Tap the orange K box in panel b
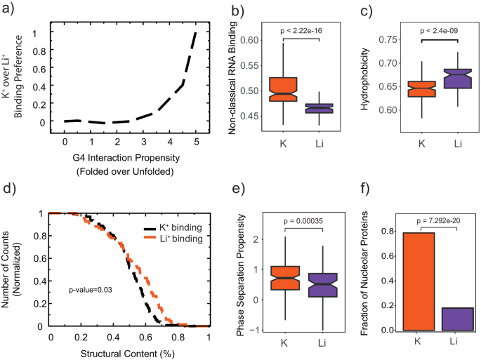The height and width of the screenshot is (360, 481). point(283,89)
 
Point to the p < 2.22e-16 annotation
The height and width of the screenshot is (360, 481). point(302,31)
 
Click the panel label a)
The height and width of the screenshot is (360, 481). point(8,8)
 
